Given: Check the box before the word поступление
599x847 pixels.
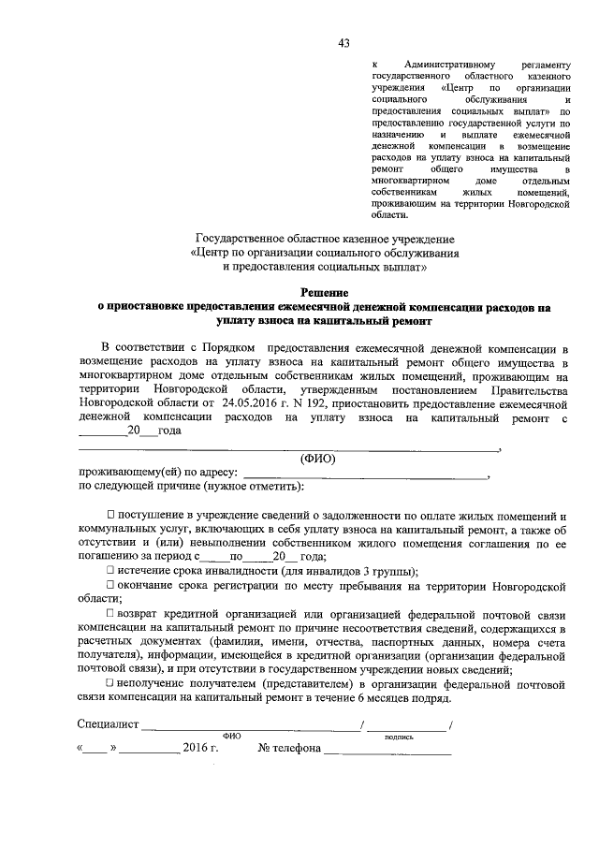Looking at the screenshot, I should [110, 516].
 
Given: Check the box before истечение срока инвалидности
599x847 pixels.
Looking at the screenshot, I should [110, 571].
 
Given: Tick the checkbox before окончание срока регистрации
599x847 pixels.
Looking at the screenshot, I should [110, 586].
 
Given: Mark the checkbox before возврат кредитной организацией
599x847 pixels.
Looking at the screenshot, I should [110, 613].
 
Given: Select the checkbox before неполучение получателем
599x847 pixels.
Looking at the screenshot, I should [110, 685].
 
